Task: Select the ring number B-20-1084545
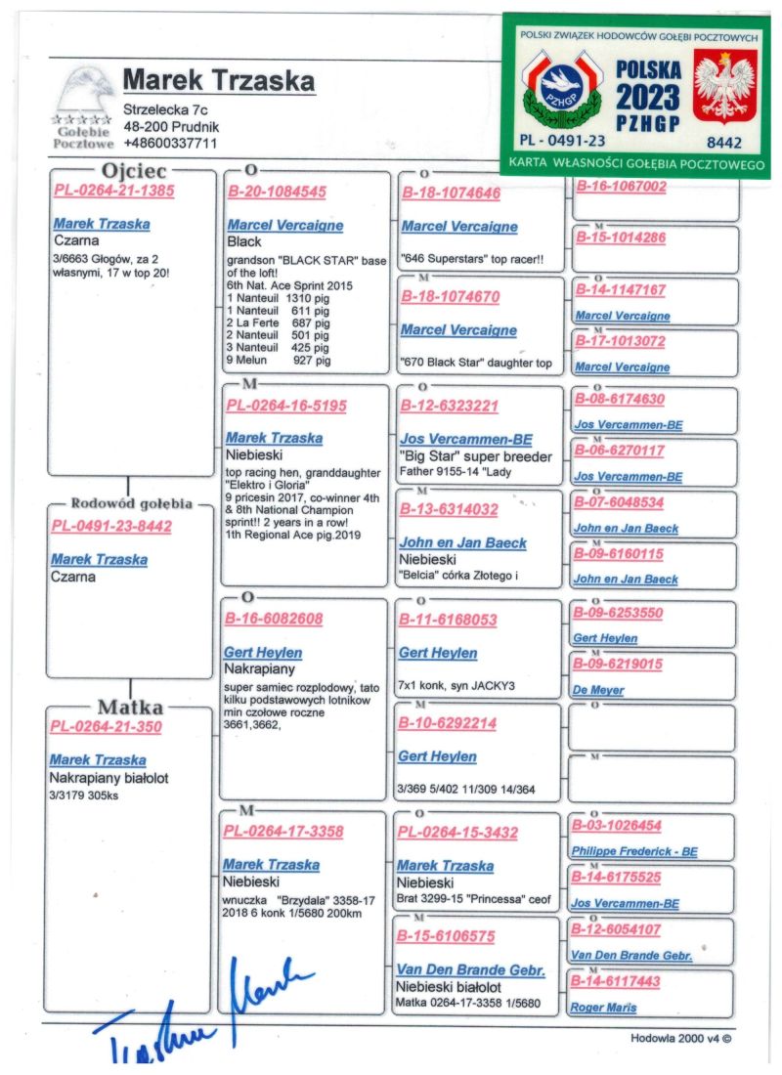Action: (x=277, y=192)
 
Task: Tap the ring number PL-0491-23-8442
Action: (x=110, y=527)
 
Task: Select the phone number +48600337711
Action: (x=170, y=143)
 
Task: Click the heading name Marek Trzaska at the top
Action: (x=219, y=79)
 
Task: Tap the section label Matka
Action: (x=129, y=707)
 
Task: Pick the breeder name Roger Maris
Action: (x=603, y=1008)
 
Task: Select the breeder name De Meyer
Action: (x=598, y=690)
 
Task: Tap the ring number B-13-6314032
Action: (x=449, y=509)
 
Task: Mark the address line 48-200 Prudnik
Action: (x=170, y=126)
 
